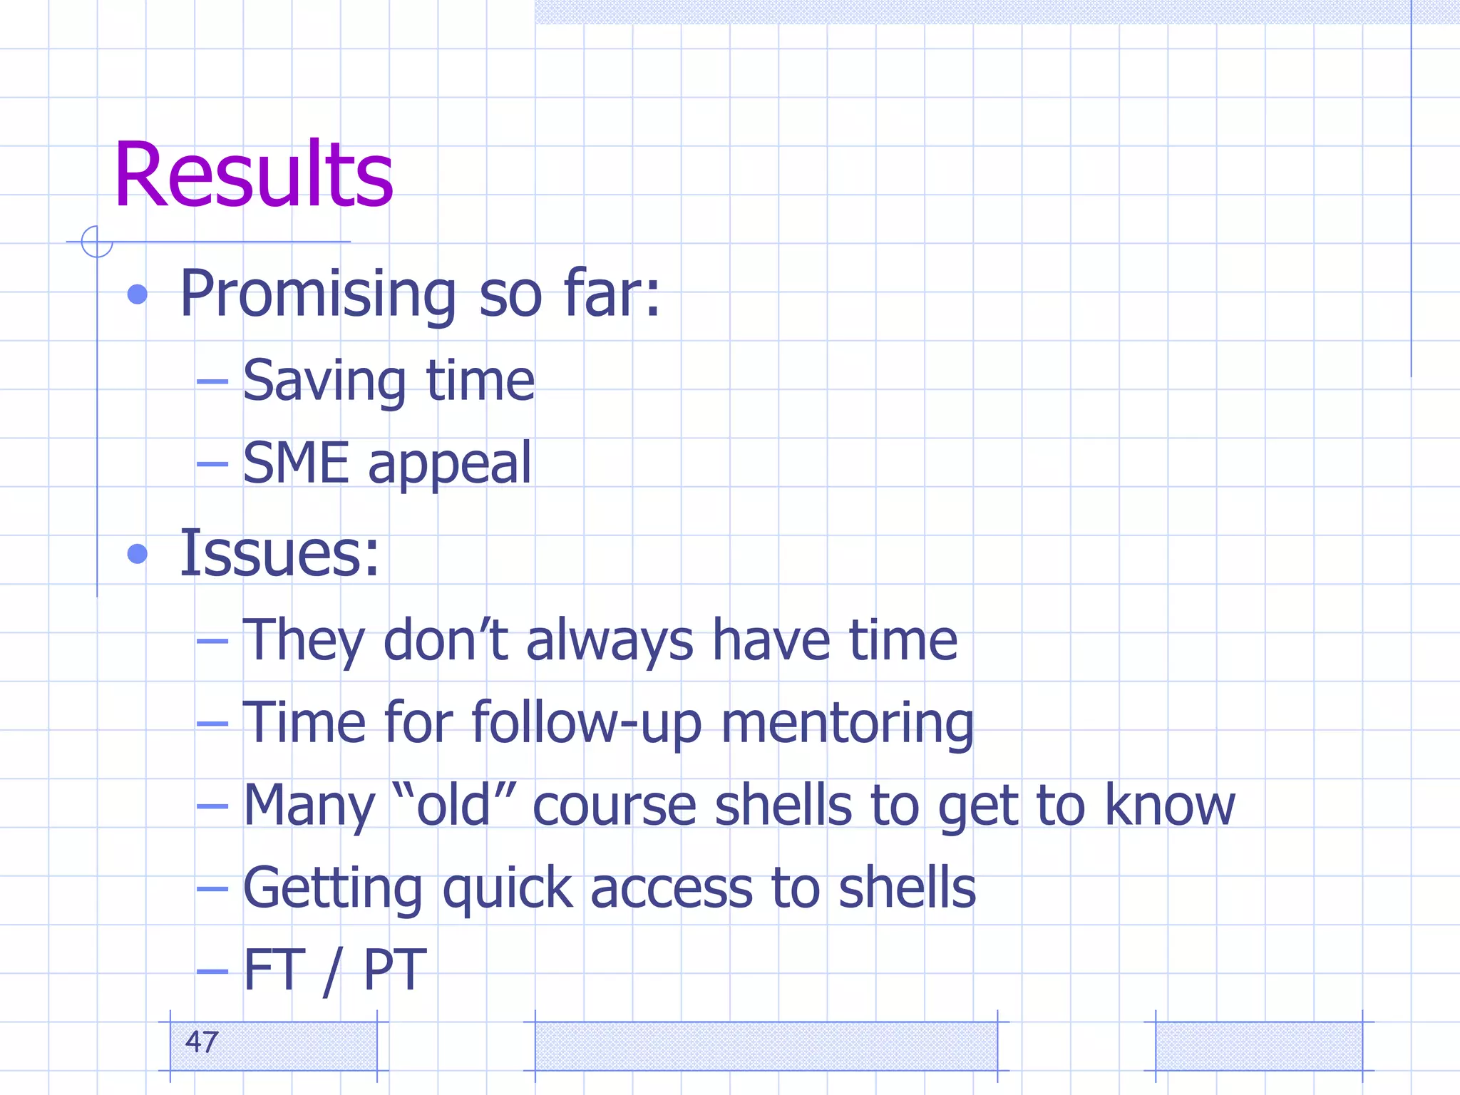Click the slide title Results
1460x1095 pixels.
pyautogui.click(x=253, y=175)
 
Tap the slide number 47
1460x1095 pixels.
pyautogui.click(x=201, y=1042)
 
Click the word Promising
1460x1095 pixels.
pyautogui.click(x=318, y=294)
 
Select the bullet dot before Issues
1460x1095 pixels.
pyautogui.click(x=137, y=554)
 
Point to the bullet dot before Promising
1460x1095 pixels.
pyautogui.click(x=137, y=294)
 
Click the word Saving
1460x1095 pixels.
pyautogui.click(x=324, y=381)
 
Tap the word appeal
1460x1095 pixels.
pyautogui.click(x=450, y=465)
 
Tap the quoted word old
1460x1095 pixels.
pyautogui.click(x=453, y=806)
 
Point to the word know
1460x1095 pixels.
pyautogui.click(x=1169, y=806)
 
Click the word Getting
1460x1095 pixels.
pyautogui.click(x=333, y=889)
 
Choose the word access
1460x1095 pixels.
pyautogui.click(x=671, y=889)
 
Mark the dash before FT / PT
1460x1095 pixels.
pyautogui.click(x=212, y=971)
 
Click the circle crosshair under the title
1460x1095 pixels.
pyautogui.click(x=97, y=242)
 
